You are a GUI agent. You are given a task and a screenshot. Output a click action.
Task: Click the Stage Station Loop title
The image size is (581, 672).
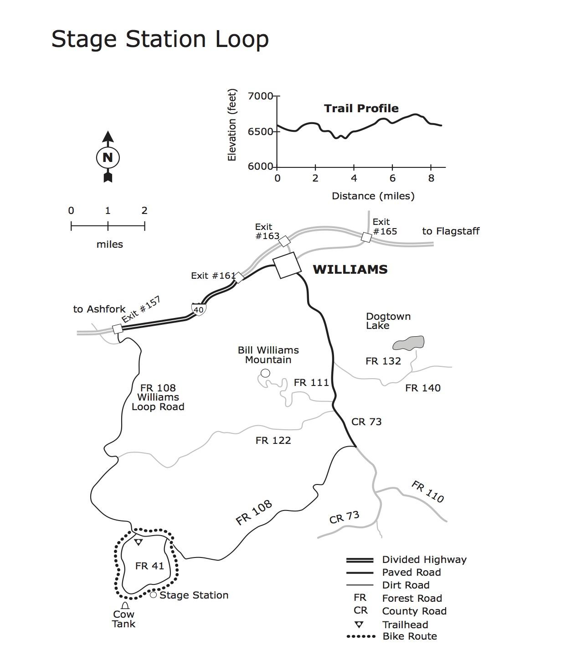click(160, 39)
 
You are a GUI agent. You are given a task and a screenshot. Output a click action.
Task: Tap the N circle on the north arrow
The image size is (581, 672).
click(108, 157)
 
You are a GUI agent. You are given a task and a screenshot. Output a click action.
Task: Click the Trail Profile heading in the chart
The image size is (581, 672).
click(361, 108)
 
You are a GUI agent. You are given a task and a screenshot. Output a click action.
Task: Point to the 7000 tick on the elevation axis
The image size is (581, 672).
click(260, 96)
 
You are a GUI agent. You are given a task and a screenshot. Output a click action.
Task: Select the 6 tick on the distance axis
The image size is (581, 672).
click(392, 178)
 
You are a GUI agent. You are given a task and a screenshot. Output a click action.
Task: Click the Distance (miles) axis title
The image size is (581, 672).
click(373, 196)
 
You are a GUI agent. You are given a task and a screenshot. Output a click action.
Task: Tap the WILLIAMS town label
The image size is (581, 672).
click(350, 269)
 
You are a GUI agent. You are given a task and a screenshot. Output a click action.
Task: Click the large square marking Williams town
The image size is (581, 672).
click(287, 265)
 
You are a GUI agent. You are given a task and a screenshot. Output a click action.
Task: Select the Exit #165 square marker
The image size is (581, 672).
click(366, 237)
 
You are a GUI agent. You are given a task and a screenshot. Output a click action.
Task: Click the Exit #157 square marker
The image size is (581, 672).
click(118, 328)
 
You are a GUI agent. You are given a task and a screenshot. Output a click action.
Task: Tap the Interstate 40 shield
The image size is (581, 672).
click(199, 309)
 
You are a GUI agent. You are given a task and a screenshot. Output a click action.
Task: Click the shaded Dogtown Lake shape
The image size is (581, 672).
click(409, 343)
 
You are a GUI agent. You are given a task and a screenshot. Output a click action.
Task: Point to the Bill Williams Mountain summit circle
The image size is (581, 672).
click(265, 373)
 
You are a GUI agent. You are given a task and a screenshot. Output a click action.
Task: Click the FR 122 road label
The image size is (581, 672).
click(273, 440)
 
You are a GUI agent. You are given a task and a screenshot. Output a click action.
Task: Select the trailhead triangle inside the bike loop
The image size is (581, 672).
click(139, 542)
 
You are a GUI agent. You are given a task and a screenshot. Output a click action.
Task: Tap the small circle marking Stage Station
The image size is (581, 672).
click(154, 595)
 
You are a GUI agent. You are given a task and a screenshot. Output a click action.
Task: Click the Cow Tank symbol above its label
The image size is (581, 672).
click(125, 605)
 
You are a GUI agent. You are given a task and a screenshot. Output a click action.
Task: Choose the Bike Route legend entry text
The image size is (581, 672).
click(409, 636)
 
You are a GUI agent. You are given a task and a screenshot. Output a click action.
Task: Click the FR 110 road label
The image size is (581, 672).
click(427, 492)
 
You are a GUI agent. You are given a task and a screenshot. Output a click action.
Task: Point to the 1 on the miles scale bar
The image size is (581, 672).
click(108, 211)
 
